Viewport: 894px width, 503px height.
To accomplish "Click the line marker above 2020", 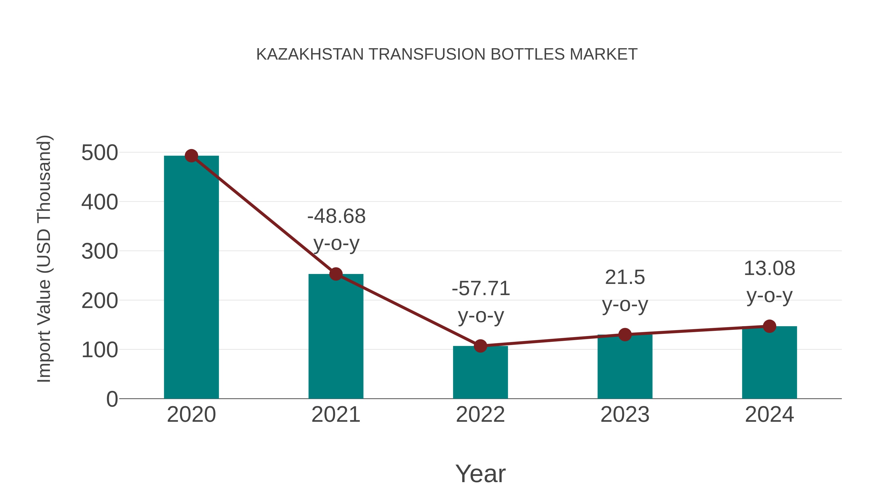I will (x=191, y=156).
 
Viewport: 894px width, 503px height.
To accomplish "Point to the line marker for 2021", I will (x=335, y=274).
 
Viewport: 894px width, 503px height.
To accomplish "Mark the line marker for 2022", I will (x=480, y=346).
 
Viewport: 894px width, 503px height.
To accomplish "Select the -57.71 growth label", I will (x=481, y=301).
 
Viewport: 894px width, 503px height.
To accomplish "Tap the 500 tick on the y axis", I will (x=100, y=153).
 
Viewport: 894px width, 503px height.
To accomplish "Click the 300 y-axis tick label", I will (x=100, y=251).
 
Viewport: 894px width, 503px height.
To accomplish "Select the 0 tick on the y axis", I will (x=112, y=399).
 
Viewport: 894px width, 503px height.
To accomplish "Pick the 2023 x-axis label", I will (x=625, y=415).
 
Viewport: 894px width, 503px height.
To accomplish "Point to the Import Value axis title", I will (x=44, y=259).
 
